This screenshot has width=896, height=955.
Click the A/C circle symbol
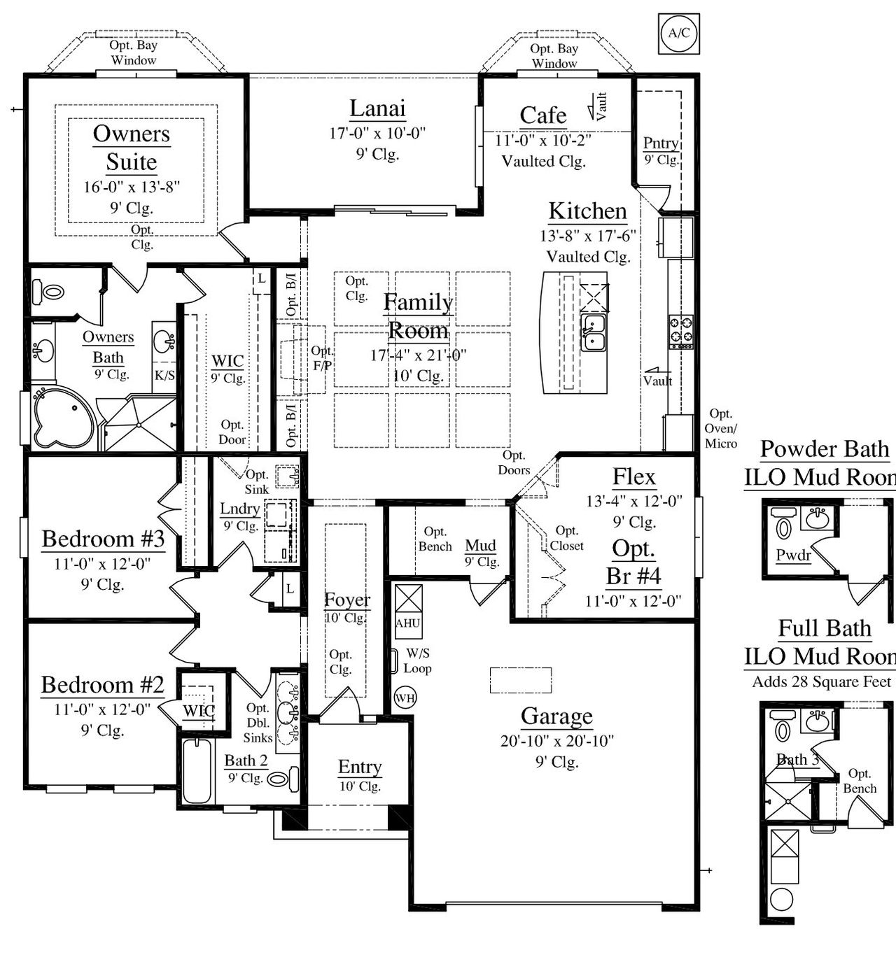click(x=678, y=33)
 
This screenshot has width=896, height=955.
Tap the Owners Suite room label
click(x=132, y=147)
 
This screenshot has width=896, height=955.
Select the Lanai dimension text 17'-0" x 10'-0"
click(x=377, y=133)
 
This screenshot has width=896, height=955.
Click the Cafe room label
click(x=542, y=115)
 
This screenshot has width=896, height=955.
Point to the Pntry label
click(x=661, y=143)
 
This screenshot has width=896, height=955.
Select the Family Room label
click(x=418, y=316)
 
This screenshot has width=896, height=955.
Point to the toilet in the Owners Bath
click(x=52, y=290)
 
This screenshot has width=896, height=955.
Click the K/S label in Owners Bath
click(x=164, y=376)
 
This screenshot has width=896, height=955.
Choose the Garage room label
click(x=556, y=716)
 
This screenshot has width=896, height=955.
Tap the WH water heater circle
click(x=405, y=698)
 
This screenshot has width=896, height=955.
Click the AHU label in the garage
click(x=408, y=623)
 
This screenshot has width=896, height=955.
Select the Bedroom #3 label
click(x=103, y=539)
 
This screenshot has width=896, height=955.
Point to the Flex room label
click(x=633, y=477)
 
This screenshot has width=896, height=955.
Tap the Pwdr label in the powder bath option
click(x=793, y=556)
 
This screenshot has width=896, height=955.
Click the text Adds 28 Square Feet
click(x=821, y=681)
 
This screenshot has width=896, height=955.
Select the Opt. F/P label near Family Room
click(x=322, y=358)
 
